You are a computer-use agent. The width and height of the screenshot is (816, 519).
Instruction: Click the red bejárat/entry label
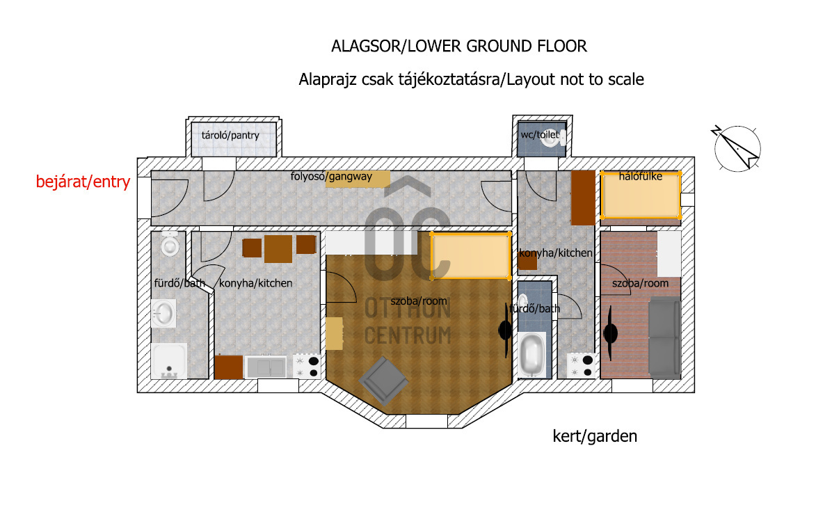pos(83,182)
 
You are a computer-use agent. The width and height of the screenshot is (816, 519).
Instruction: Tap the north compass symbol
pos(736,147)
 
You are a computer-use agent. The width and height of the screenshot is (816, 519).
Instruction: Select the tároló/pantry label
pos(230,136)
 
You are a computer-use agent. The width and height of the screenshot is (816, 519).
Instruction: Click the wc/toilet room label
pos(540,134)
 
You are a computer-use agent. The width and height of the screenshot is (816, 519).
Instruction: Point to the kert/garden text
pos(595,436)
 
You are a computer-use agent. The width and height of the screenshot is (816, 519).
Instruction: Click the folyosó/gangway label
pos(331,177)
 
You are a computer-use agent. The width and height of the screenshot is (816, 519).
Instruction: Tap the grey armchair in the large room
pos(383,381)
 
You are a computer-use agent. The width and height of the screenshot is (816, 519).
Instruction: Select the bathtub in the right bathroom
pos(532,354)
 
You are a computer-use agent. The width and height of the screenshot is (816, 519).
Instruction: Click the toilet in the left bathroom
pos(170,243)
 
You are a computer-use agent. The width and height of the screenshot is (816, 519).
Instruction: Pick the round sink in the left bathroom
pos(163,313)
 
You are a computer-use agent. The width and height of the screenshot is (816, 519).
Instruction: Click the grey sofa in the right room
pos(664,337)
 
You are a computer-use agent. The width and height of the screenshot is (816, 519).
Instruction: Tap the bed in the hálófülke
pos(641,195)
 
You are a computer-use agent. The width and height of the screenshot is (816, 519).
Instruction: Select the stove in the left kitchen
pos(307,366)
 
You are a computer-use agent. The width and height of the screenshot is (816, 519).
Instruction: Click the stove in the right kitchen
pos(582,365)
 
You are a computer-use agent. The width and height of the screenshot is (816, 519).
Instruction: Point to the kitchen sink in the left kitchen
pos(266,367)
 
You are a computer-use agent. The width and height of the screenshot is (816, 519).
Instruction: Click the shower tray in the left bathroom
pos(168,361)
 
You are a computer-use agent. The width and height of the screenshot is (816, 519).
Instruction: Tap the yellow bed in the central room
pos(470,256)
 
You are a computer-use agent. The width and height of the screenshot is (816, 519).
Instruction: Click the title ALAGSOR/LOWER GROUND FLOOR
pos(459,47)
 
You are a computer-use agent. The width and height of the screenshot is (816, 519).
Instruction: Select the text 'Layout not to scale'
pos(575,79)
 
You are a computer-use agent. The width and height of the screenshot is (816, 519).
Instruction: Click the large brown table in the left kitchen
pos(278,249)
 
